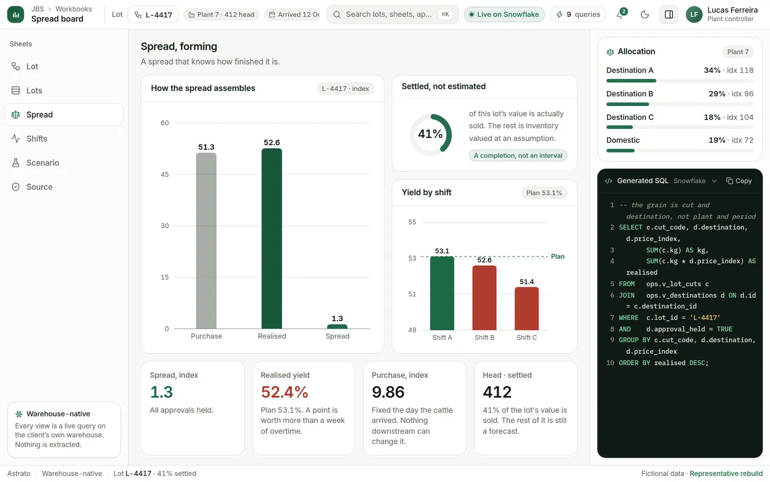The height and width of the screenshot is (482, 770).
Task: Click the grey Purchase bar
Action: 206,240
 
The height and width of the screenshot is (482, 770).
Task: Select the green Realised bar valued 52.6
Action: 271,238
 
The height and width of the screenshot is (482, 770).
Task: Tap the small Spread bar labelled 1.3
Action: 337,327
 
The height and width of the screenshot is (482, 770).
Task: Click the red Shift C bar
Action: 526,308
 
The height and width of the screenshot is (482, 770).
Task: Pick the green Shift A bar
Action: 442,293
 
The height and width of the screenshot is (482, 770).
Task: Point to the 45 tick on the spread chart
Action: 165,174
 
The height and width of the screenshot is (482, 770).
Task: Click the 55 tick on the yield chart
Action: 412,222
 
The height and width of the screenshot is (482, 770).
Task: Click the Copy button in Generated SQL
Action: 739,181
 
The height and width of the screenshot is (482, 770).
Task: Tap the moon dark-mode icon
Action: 645,14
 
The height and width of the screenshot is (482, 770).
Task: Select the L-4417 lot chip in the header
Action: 153,14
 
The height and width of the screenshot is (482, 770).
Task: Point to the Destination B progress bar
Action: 680,104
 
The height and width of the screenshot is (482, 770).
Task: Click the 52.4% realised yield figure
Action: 285,392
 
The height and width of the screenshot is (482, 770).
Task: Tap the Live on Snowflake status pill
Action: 504,14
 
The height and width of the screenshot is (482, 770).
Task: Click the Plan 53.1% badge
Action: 544,193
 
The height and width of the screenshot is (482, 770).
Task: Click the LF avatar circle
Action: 694,14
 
